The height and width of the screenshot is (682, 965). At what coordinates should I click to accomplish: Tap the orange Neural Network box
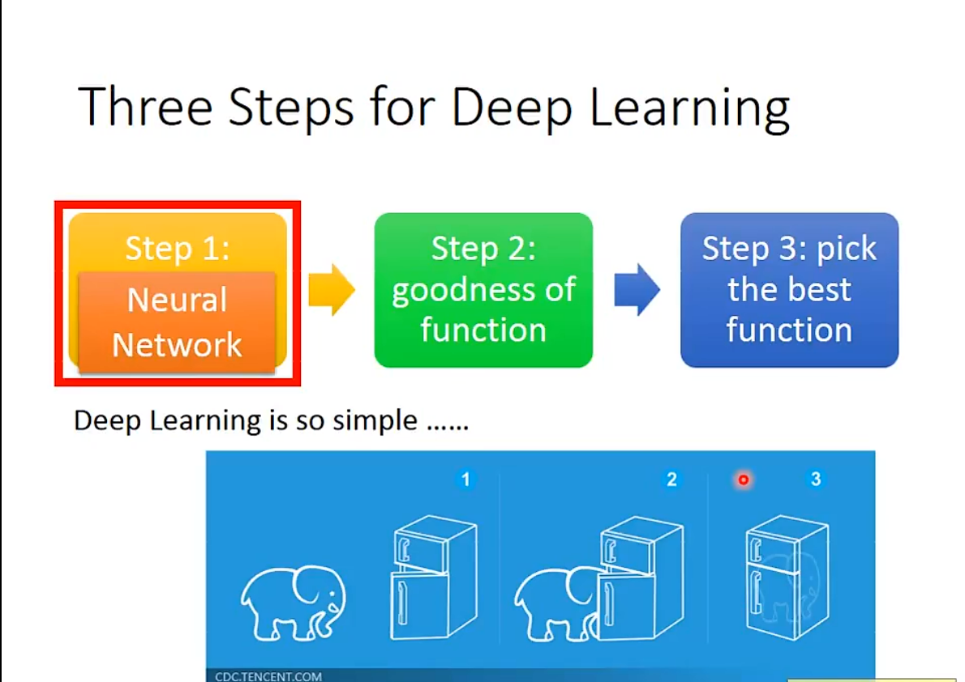pos(178,323)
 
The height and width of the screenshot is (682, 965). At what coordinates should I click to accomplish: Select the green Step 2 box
pos(483,290)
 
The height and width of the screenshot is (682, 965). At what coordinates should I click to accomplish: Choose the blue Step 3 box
pos(789,290)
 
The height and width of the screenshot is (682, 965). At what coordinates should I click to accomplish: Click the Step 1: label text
pos(178,248)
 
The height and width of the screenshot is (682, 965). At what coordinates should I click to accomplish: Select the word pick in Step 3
pos(847,249)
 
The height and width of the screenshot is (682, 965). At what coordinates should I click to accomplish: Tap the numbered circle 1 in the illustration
pos(465,480)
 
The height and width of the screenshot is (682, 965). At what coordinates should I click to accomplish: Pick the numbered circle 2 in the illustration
pos(671,480)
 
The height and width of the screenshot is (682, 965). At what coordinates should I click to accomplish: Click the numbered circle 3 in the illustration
pos(815,480)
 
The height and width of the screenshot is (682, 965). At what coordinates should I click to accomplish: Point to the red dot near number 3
pos(743,480)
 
